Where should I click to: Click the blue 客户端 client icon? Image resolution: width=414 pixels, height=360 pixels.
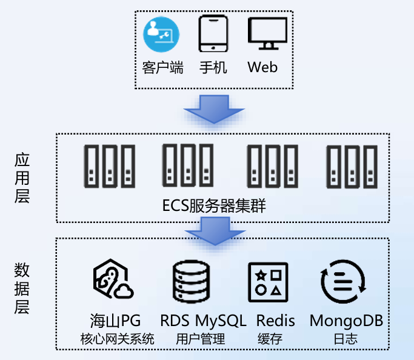(x=162, y=35)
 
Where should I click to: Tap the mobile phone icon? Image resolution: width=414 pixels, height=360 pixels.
(x=213, y=34)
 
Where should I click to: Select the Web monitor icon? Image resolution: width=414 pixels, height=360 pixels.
(x=267, y=35)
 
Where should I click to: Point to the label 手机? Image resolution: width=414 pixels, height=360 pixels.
(x=213, y=67)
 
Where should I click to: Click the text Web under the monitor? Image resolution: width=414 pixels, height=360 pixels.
(x=263, y=67)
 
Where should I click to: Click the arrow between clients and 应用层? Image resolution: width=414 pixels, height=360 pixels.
(x=213, y=109)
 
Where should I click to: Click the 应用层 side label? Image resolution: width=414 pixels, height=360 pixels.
(x=22, y=178)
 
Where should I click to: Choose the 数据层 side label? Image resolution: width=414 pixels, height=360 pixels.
(x=22, y=287)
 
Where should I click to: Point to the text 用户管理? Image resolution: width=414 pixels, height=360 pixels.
(x=201, y=338)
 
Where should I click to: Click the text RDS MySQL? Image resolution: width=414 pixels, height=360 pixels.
(x=203, y=321)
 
